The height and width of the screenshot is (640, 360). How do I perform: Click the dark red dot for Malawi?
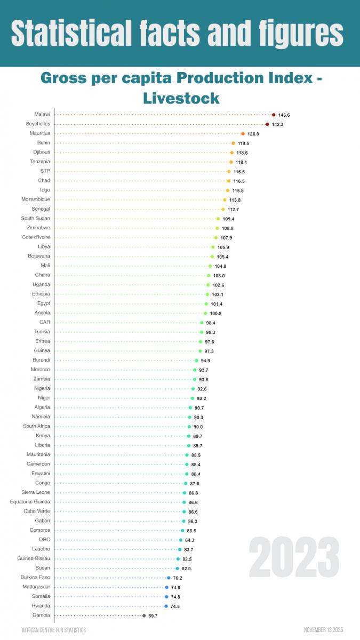click(274, 115)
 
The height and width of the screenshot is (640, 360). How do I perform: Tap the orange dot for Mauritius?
click(243, 134)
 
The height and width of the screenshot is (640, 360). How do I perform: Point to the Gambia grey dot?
click(143, 615)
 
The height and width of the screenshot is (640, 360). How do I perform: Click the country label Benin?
click(44, 143)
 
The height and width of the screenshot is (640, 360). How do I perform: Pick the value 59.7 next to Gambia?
click(153, 615)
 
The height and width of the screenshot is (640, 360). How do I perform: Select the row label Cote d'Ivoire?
click(36, 237)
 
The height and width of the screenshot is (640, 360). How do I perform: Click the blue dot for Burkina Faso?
click(169, 578)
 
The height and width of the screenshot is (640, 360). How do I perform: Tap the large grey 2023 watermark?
click(294, 557)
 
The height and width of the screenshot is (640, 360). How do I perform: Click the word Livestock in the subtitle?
click(181, 98)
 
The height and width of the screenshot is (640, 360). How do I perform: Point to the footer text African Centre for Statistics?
click(53, 630)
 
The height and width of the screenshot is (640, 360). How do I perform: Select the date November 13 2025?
click(325, 630)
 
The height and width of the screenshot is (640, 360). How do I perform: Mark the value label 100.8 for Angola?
click(215, 313)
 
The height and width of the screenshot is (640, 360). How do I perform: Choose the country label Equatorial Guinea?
click(30, 502)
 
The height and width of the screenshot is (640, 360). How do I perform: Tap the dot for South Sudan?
click(218, 219)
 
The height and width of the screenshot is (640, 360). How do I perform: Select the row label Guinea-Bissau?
click(34, 558)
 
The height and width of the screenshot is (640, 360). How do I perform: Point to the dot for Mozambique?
click(225, 199)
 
